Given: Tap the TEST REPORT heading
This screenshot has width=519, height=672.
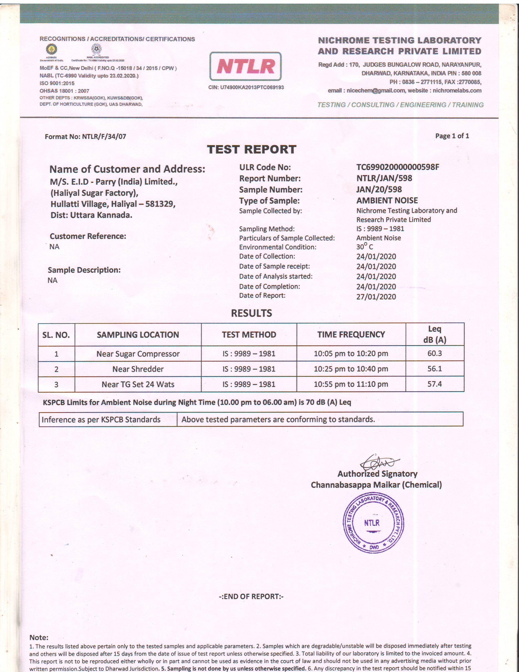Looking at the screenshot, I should [x=251, y=150].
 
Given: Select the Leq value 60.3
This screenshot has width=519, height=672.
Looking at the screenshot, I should [x=435, y=353].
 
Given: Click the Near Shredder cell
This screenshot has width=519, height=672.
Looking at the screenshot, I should [x=138, y=369].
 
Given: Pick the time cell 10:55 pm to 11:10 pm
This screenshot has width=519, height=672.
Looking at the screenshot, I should [x=351, y=384].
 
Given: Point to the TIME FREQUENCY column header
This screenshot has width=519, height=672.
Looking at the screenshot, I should [x=351, y=334].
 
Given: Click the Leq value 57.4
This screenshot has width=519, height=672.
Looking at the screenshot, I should [x=435, y=384].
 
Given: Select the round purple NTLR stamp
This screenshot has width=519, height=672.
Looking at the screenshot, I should [x=373, y=523].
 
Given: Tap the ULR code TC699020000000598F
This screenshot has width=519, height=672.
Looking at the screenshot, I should [x=398, y=167].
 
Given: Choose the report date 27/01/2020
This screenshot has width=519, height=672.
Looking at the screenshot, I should [x=376, y=297].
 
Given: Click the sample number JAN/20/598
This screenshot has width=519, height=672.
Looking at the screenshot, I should [x=379, y=190].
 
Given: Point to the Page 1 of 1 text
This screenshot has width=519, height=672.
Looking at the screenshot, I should [x=452, y=136].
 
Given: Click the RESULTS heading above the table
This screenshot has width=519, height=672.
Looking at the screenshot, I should [x=251, y=313].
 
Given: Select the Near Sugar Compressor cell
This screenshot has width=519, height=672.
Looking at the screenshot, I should [x=138, y=354].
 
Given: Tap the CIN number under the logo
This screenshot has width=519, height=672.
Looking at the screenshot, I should [x=246, y=87].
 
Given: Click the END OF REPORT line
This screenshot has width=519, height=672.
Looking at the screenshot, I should [x=251, y=596].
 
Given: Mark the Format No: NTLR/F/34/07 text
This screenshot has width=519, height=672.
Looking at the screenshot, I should [x=86, y=136].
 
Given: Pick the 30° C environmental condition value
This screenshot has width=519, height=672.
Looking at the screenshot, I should [x=364, y=247].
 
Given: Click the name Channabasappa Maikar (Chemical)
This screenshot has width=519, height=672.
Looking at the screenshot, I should [x=376, y=485].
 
